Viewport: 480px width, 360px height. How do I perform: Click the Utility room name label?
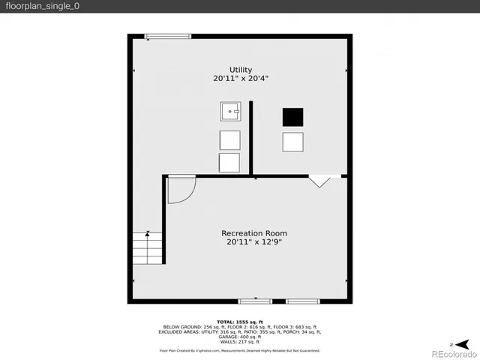[x=241, y=70]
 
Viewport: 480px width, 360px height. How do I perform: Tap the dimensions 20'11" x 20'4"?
[x=241, y=78]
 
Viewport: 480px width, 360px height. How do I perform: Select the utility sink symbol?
[x=230, y=112]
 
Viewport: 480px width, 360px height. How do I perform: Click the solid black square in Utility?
[x=292, y=117]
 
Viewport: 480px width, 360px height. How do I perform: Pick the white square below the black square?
[x=292, y=141]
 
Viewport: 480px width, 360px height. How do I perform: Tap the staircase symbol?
[x=148, y=247]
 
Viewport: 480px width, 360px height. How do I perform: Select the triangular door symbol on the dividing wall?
[x=319, y=181]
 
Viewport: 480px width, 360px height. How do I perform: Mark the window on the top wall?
[x=167, y=36]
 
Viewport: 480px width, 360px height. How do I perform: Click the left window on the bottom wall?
[x=255, y=301]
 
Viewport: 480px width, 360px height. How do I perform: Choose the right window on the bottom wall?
[x=302, y=301]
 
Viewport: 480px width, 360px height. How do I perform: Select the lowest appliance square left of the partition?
[x=229, y=163]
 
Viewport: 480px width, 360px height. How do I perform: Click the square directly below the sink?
[x=229, y=139]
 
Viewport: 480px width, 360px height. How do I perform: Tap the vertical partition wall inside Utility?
[x=251, y=139]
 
